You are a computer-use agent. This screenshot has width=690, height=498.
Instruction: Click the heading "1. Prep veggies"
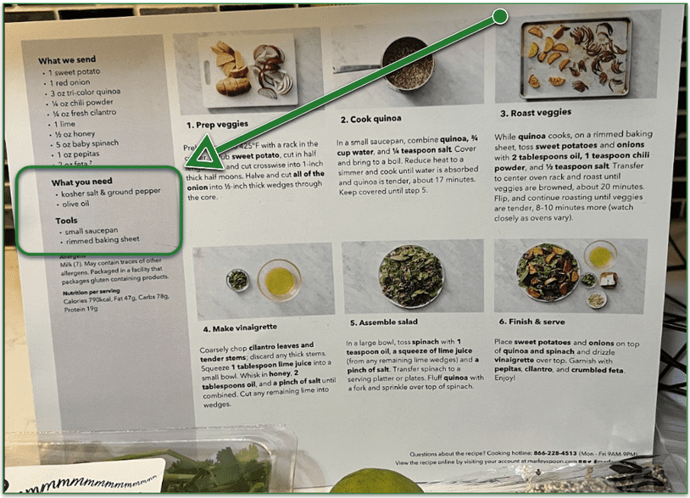(218, 125)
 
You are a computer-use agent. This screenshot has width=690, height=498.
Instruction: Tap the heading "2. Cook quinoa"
(370, 119)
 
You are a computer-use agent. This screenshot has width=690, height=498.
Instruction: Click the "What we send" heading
(68, 61)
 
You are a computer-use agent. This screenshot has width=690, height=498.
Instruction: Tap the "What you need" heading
(81, 182)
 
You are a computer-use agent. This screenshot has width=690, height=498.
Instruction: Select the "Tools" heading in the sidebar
(67, 220)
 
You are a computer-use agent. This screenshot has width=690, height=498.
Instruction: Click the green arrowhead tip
(188, 165)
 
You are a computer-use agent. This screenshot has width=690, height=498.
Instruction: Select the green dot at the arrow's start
(500, 16)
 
